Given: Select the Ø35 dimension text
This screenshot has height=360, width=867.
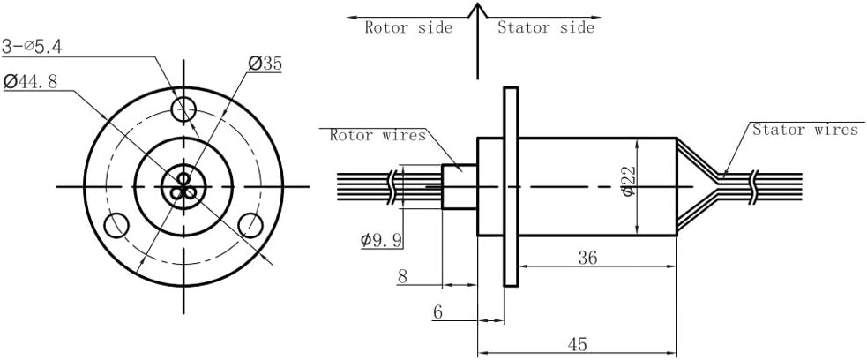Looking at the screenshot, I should (x=265, y=63).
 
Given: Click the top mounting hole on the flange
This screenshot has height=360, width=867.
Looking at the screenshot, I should (x=184, y=110).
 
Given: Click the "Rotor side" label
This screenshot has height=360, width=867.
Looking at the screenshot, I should (x=408, y=27).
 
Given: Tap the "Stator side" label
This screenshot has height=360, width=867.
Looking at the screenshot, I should (x=545, y=27).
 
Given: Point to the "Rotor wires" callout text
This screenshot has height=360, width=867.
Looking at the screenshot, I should (x=377, y=135).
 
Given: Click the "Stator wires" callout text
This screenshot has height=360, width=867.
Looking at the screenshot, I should (x=804, y=130).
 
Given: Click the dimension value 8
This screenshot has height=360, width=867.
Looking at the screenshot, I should (x=402, y=276).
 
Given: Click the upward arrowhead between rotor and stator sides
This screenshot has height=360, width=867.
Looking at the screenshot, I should (x=477, y=11).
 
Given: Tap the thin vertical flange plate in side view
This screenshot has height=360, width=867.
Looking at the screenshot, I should (x=509, y=186).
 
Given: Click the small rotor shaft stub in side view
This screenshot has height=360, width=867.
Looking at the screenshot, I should (x=459, y=186).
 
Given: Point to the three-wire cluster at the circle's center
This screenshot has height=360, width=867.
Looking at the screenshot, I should (x=184, y=186).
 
